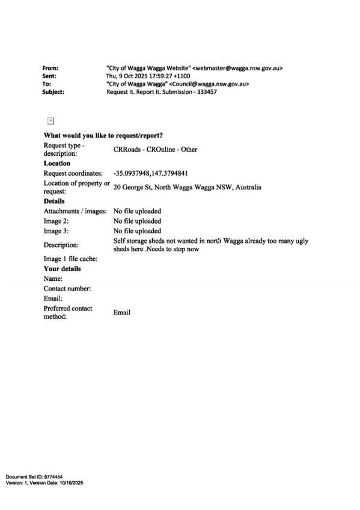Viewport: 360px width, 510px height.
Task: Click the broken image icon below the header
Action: (50, 121)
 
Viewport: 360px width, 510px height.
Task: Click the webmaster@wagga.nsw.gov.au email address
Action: (237, 69)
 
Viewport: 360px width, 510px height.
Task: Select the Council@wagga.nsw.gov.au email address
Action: (209, 84)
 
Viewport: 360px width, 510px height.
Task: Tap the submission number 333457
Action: (207, 92)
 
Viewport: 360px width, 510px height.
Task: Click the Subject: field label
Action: (53, 92)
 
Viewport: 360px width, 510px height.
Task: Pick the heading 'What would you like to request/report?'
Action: (103, 135)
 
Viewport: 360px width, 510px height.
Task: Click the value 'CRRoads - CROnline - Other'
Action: (155, 149)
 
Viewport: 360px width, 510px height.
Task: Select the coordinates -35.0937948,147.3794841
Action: (150, 173)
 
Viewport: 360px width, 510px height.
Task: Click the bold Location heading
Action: (57, 163)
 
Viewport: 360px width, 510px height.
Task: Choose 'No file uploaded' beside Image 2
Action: (137, 221)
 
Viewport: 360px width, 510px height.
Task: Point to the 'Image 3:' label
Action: (56, 231)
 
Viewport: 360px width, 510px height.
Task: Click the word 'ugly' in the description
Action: (302, 242)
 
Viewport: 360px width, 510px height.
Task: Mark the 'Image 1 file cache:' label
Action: (70, 259)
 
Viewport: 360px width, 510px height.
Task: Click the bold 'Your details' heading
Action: (63, 269)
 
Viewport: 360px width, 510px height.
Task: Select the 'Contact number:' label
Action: (67, 289)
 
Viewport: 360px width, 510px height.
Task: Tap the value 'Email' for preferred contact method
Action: (122, 312)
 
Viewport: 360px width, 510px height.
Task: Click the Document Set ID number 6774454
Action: (53, 477)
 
